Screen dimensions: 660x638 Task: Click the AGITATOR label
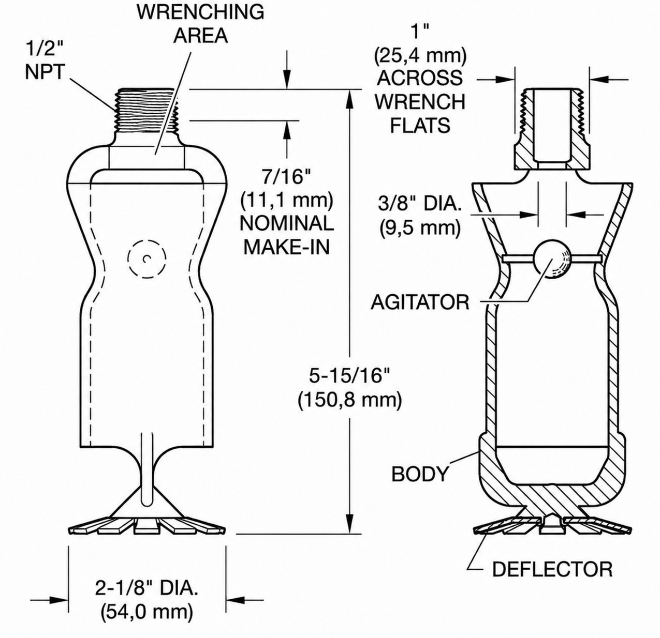[420, 302]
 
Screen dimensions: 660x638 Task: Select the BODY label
[420, 474]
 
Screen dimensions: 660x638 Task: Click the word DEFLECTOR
[552, 569]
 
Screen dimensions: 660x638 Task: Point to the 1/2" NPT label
[45, 59]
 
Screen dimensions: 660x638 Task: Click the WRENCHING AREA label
[200, 23]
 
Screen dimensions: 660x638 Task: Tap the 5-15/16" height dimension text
[350, 375]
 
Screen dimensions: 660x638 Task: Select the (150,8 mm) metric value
[350, 400]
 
